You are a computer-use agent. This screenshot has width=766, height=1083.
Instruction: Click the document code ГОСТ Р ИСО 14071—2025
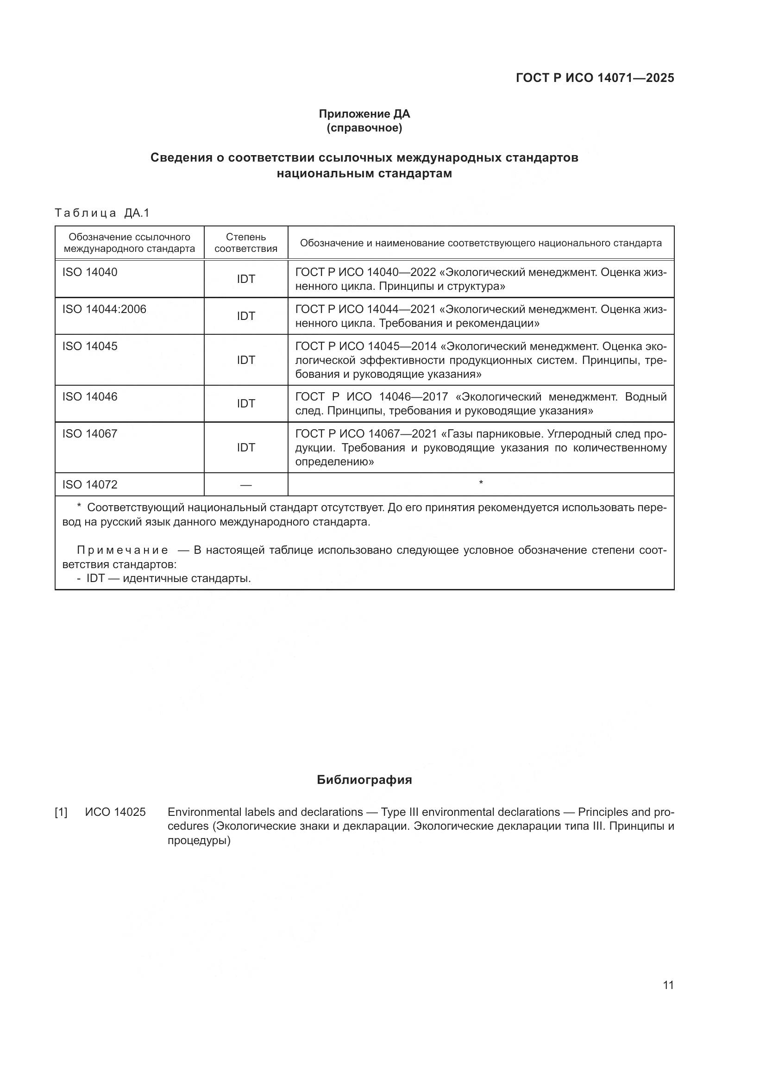click(x=595, y=78)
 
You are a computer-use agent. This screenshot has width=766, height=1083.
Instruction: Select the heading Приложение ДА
click(x=364, y=114)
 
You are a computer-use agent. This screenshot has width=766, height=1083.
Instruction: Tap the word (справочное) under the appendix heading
click(x=364, y=128)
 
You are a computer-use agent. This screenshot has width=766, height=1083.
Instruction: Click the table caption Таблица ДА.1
click(x=102, y=213)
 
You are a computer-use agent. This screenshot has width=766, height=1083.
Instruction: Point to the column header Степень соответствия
click(x=246, y=243)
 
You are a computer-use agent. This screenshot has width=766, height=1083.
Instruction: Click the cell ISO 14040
click(x=90, y=272)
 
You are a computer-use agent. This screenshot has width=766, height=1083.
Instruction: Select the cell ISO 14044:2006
click(x=104, y=309)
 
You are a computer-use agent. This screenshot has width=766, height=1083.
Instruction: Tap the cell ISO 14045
click(x=90, y=346)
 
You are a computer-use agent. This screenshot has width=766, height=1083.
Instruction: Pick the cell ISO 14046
click(x=90, y=397)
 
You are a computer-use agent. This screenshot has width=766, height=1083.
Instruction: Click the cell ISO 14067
click(x=90, y=433)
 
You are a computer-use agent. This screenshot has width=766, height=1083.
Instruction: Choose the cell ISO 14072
click(x=90, y=484)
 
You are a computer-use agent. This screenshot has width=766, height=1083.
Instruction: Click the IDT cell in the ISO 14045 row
click(x=246, y=360)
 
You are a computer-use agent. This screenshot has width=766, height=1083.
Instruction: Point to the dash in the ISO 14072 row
click(x=246, y=485)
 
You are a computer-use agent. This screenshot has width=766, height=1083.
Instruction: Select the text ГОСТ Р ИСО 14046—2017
click(x=371, y=397)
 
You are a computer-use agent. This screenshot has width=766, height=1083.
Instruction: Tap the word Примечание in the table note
click(x=123, y=551)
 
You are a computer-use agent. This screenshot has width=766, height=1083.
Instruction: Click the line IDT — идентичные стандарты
click(x=168, y=578)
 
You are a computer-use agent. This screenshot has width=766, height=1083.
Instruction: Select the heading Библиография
click(x=364, y=780)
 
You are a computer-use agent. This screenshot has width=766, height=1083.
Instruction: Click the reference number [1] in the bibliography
click(x=61, y=812)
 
